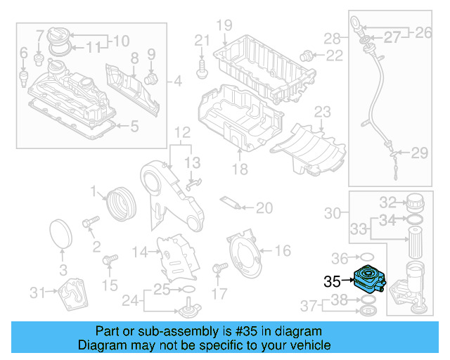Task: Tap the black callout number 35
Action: coord(332,282)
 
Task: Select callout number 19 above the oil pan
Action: coord(224,26)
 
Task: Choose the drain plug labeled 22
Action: coord(306,55)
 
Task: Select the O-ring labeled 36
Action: coord(366,257)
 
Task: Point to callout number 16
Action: coord(282,250)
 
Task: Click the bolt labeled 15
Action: coord(108,262)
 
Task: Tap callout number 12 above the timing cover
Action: coord(182,131)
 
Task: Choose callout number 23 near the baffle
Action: coord(322,112)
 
